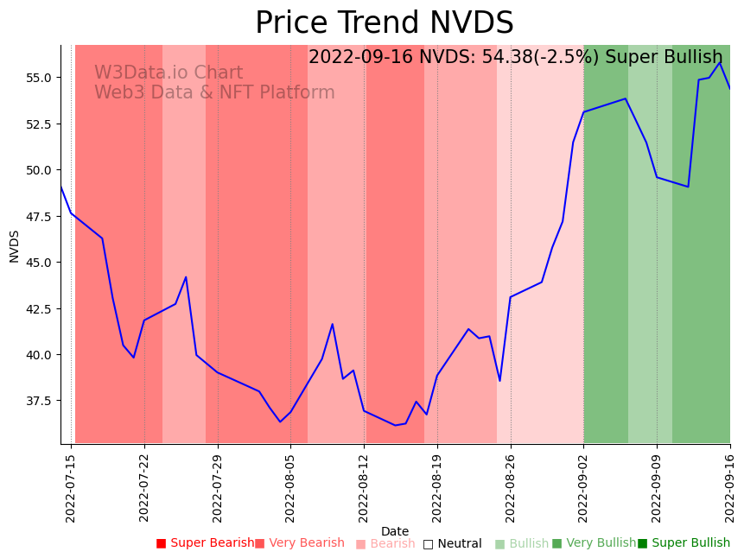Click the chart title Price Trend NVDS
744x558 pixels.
384,23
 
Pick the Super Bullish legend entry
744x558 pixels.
684,543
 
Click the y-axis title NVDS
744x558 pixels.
15,245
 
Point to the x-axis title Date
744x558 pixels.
395,531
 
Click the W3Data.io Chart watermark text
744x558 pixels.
169,73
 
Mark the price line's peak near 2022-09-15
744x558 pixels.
720,62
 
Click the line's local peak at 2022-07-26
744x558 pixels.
186,277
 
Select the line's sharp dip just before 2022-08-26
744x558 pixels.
499,381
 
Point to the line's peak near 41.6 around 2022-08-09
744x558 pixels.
333,324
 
